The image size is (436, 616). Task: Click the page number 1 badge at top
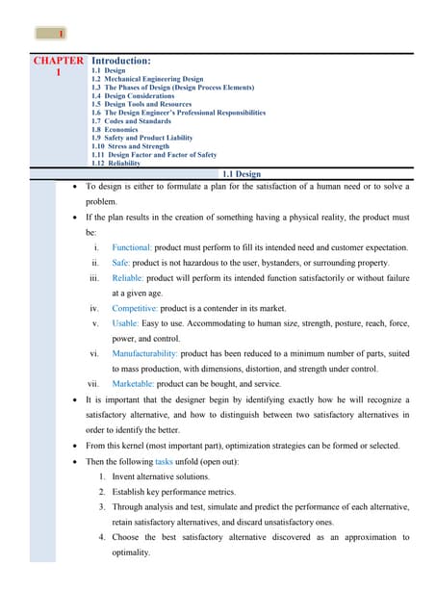pos(50,34)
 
